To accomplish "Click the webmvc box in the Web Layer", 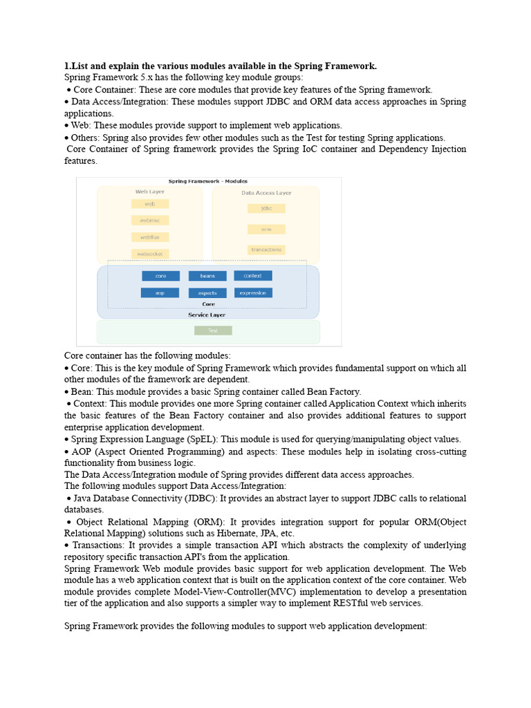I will point(150,221).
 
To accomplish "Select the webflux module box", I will point(150,237).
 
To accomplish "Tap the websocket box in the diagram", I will point(150,254).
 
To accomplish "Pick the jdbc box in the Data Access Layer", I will point(266,208).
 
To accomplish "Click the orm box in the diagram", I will point(266,229).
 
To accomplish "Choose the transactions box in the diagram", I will point(266,250).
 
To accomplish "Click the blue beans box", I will point(207,276).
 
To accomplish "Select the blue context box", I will point(253,276).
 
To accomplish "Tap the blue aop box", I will point(160,292).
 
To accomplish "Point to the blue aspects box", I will point(207,293).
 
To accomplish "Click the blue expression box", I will point(253,292).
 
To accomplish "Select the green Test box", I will point(213,330).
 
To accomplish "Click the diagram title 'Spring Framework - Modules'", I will point(207,181).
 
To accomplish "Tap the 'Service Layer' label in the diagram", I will point(207,315).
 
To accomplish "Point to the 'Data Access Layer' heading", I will point(266,193).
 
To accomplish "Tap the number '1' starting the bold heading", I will point(66,66).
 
